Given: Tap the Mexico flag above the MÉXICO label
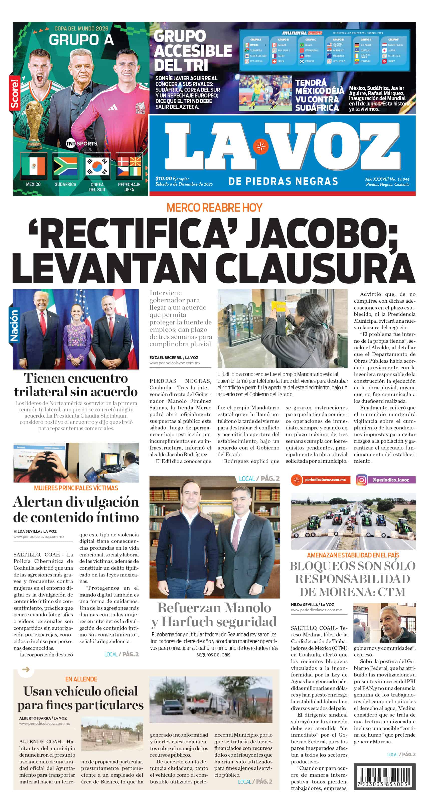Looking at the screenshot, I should [33, 166].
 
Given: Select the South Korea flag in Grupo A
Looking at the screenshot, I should [97, 166].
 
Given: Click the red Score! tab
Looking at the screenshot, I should [14, 94].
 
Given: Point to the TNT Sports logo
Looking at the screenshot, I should [82, 144].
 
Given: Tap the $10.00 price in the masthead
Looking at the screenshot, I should [164, 178].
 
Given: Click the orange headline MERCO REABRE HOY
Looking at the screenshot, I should [214, 208].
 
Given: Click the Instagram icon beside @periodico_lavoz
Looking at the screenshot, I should [361, 480].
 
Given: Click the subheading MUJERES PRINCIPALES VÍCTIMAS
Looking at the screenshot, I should [76, 488].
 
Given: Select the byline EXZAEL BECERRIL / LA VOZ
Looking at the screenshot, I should [174, 358].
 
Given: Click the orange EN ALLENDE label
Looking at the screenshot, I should [81, 679].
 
